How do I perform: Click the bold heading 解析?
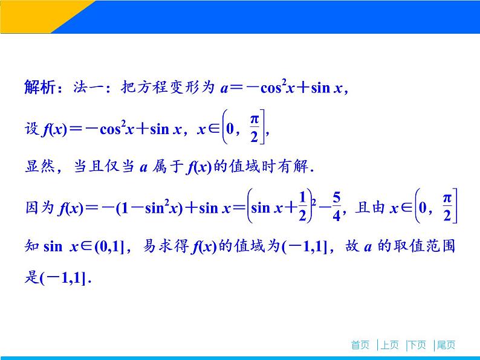pos(39,88)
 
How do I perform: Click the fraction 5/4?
pos(337,207)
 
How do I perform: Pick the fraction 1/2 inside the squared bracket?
pos(300,207)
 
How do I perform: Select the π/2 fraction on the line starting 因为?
pos(447,207)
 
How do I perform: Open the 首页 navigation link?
pos(360,345)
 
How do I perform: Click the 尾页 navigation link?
pos(446,345)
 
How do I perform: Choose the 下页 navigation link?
pos(417,345)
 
